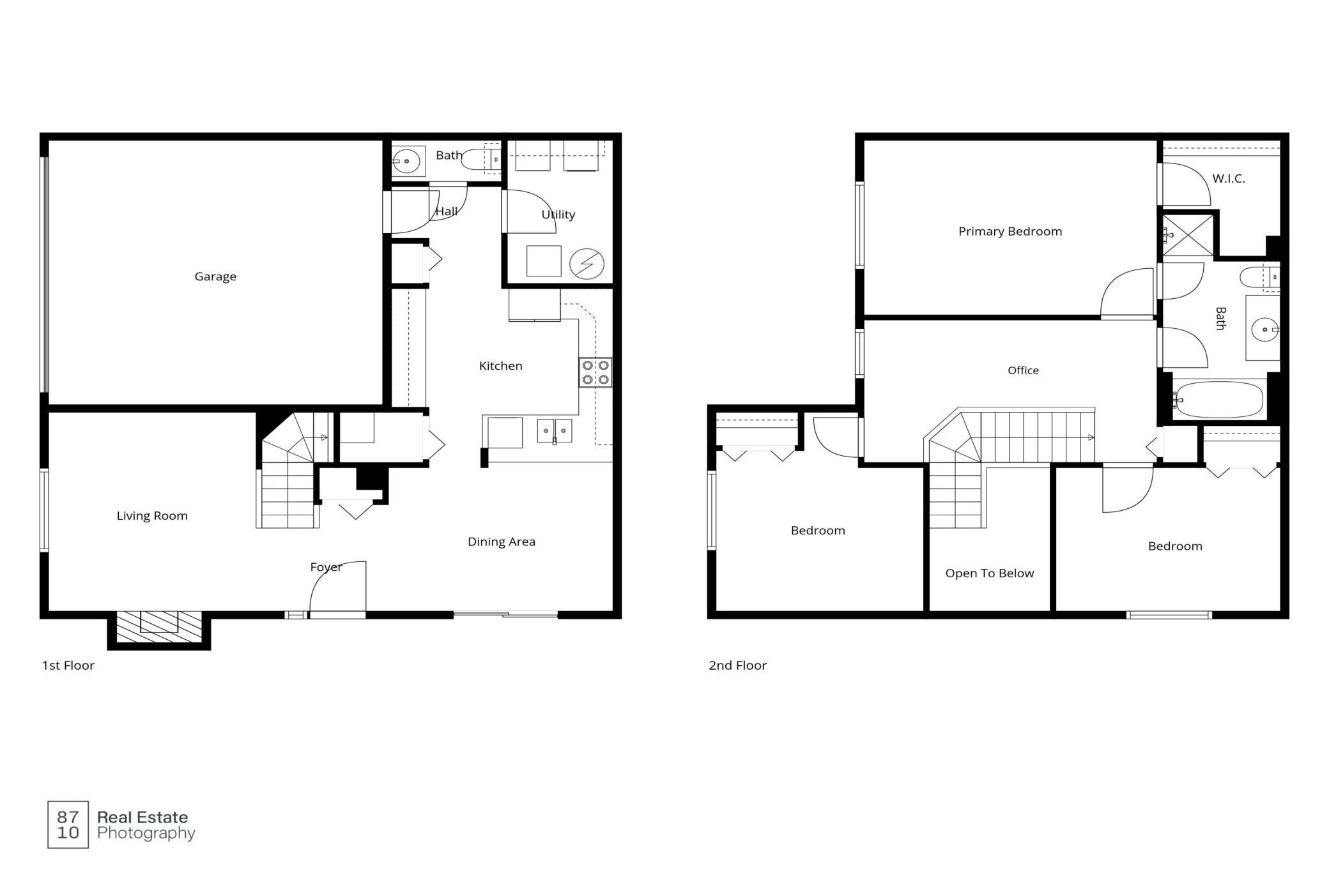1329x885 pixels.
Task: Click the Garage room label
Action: coord(215,276)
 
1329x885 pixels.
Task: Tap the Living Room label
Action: coord(152,516)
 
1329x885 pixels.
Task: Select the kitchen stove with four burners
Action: coord(595,372)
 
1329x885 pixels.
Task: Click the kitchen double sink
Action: coord(554,431)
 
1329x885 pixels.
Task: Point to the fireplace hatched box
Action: coord(159,627)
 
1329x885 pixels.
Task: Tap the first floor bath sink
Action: coord(406,161)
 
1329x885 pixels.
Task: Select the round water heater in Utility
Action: coord(587,263)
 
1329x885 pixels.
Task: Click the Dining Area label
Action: coord(502,542)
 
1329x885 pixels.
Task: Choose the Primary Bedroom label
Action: coord(1010,232)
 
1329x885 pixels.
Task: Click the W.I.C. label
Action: coord(1229,179)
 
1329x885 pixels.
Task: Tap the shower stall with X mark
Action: coord(1188,236)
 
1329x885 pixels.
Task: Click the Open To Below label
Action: coord(990,573)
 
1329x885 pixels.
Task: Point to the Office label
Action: coord(1023,370)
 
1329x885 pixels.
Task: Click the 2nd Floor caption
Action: coord(737,665)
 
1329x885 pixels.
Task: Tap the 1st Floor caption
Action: coord(68,665)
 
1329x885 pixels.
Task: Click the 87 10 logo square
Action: coord(68,824)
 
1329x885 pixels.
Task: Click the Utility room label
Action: coord(558,215)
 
